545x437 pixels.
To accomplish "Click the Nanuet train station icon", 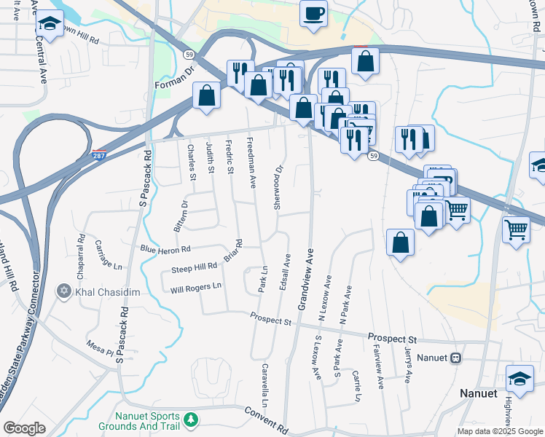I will point(457,358).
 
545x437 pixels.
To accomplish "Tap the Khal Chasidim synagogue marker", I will point(64,292).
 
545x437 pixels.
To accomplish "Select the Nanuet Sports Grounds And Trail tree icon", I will point(191,420).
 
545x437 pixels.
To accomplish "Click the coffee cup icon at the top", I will point(313,14).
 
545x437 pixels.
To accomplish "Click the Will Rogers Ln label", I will point(195,287).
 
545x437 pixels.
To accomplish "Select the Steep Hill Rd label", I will point(195,268).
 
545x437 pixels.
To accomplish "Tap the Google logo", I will point(25,428).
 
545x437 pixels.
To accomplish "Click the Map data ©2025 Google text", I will point(499,431).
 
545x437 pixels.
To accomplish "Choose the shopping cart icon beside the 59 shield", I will point(457,210).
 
